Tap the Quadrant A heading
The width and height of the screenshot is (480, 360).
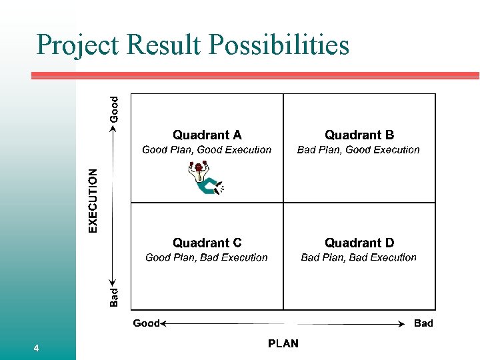point(207,135)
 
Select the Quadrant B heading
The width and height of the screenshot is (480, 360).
point(359,135)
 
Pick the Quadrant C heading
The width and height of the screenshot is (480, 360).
point(207,243)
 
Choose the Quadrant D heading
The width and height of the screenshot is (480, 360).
point(359,243)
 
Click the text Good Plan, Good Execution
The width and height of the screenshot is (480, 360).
point(207,150)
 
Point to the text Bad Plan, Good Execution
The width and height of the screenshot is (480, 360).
point(359,150)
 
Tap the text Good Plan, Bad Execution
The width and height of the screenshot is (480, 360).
point(207,257)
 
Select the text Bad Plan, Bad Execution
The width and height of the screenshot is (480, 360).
point(359,257)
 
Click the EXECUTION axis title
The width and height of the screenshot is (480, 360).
point(93,200)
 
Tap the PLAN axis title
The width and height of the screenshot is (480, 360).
point(283,344)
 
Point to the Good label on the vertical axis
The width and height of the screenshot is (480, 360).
point(114,109)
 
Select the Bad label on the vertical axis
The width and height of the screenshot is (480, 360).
point(114,297)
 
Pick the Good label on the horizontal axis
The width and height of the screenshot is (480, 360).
point(146,323)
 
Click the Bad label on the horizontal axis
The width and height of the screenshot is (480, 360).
point(423,323)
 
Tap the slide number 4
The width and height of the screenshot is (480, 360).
point(36,349)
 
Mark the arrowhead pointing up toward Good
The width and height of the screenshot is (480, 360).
point(114,128)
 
